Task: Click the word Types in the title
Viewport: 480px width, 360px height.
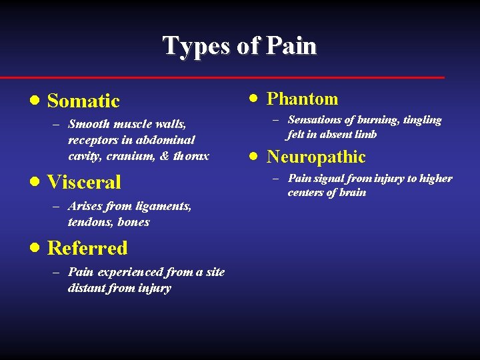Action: click(x=191, y=46)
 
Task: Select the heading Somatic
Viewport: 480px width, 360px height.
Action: click(x=83, y=101)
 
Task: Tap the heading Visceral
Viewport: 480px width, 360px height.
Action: click(x=84, y=182)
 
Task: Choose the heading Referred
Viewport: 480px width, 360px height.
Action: click(x=87, y=248)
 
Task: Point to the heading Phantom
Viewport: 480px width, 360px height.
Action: click(x=302, y=99)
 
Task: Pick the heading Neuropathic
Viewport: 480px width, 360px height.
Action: click(x=316, y=157)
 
